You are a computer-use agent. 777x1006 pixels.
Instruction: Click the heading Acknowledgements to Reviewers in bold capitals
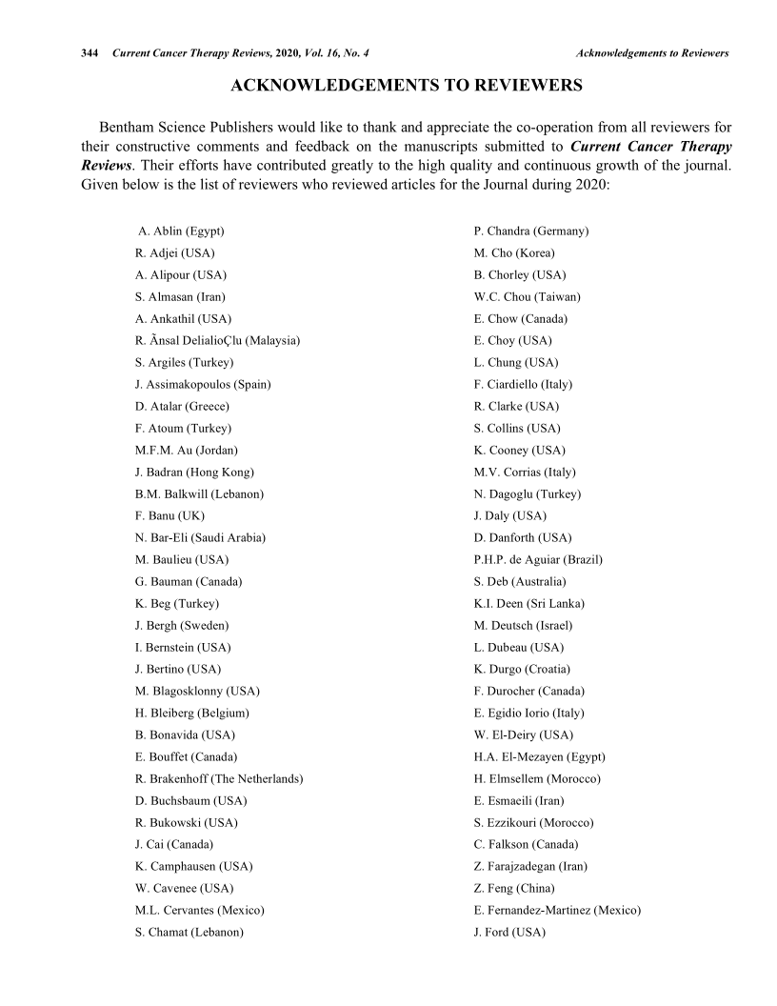tap(407, 87)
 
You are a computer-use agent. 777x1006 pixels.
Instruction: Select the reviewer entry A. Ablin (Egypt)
tap(181, 231)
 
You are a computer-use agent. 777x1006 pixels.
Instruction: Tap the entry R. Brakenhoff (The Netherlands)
tap(219, 779)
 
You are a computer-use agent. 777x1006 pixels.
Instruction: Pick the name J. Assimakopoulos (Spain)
tap(203, 385)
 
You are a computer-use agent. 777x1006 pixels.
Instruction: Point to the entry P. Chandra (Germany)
tap(531, 231)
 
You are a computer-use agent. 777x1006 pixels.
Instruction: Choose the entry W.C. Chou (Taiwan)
tap(527, 297)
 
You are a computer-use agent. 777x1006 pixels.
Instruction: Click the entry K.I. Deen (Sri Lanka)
tap(528, 604)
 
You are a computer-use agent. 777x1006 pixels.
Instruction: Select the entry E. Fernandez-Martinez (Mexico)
tap(557, 911)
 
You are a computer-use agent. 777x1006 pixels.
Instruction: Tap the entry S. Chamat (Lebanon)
tap(189, 933)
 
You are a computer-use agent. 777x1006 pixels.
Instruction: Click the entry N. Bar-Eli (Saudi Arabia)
tap(200, 538)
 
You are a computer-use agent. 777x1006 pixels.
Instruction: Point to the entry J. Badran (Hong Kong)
tap(194, 473)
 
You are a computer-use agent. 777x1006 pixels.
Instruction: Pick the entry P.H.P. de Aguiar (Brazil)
tap(538, 560)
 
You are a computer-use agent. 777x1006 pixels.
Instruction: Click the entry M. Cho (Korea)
tap(514, 253)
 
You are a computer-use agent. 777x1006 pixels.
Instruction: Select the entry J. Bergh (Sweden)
tap(182, 626)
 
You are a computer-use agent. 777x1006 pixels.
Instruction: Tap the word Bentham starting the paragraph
tap(129, 127)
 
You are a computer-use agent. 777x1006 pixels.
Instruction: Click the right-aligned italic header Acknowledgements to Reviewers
tap(652, 53)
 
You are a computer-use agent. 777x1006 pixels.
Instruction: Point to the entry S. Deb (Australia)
tap(520, 582)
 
